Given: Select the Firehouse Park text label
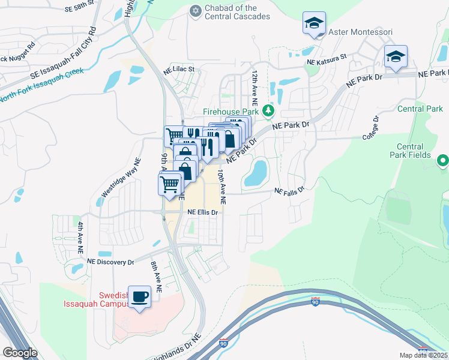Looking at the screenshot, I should [x=230, y=112].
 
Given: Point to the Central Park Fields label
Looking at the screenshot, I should [x=414, y=151].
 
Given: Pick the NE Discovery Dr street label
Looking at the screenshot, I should [x=110, y=262].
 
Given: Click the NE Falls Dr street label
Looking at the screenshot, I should [x=290, y=190].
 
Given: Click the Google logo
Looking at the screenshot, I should [x=20, y=352].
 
